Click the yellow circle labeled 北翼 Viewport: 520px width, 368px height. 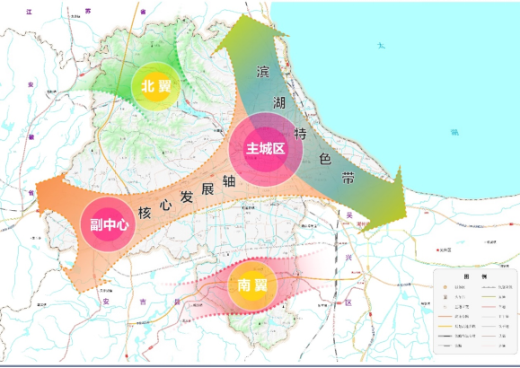154,87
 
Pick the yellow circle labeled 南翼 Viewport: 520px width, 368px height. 252,285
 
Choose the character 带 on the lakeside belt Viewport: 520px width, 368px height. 348,180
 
